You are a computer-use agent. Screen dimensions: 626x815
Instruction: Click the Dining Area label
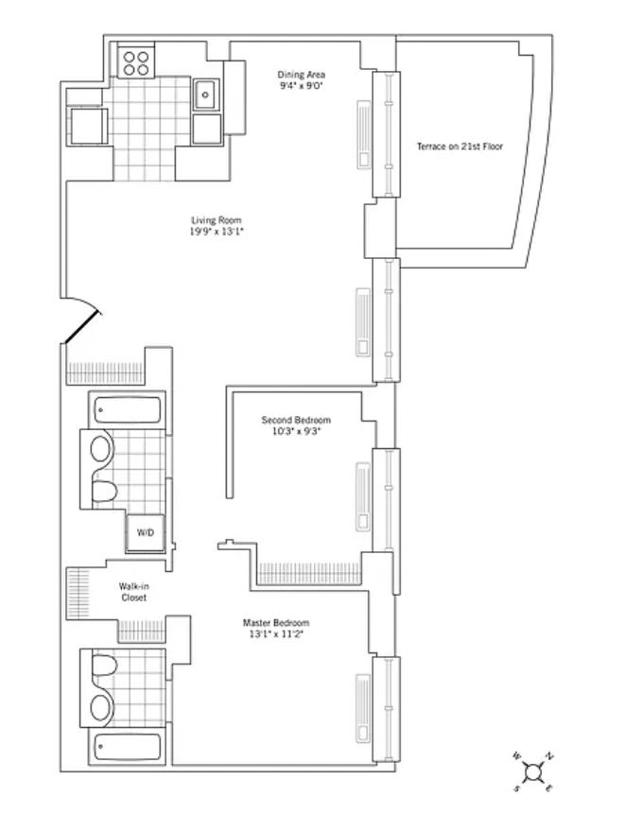coord(301,75)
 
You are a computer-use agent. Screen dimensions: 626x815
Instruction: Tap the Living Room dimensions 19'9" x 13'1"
coord(217,232)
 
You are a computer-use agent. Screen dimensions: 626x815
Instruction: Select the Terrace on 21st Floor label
coord(460,147)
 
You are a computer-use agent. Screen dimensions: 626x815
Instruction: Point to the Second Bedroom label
coord(296,420)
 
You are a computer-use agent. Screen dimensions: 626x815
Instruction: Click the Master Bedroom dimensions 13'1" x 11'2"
coord(276,634)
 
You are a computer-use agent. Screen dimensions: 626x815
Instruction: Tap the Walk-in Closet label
coord(134,592)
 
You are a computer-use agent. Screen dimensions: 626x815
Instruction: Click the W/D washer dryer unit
coord(146,533)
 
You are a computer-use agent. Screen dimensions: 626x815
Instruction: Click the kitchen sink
coord(206,95)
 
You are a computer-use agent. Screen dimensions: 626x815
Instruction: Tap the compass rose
coord(533,772)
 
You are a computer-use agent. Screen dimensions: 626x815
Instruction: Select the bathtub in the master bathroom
coord(128,748)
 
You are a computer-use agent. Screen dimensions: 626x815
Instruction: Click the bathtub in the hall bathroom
coord(128,410)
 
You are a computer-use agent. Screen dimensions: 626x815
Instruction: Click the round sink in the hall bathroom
coord(101,448)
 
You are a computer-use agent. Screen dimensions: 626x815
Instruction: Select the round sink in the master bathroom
coord(101,707)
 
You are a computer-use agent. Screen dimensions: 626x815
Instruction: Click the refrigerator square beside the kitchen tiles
coord(88,126)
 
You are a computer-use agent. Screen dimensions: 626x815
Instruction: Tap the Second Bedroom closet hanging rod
coord(309,573)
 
